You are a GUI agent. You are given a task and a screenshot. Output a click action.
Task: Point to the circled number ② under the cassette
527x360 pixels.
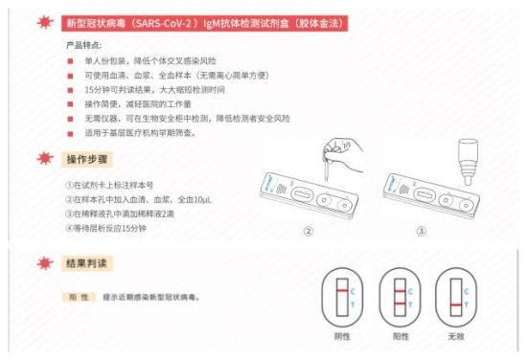pyautogui.click(x=309, y=231)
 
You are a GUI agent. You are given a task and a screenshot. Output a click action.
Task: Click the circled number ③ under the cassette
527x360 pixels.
pyautogui.click(x=422, y=231)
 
